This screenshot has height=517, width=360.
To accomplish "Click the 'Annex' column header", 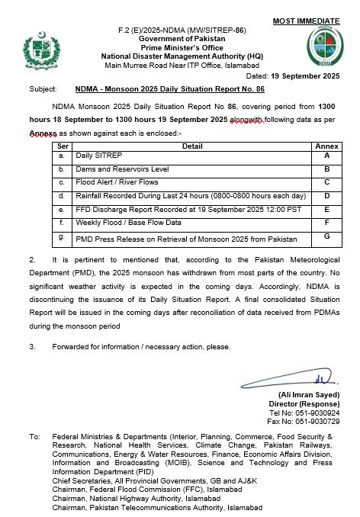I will tap(326, 145).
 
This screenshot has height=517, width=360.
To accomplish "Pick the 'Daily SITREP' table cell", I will tap(94, 155).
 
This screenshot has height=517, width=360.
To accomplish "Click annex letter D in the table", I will tap(326, 196).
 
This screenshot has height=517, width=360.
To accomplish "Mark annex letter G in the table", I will tap(326, 237).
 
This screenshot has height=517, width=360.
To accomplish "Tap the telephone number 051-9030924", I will tap(319, 413).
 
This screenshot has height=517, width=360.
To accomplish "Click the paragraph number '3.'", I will tap(33, 347).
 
